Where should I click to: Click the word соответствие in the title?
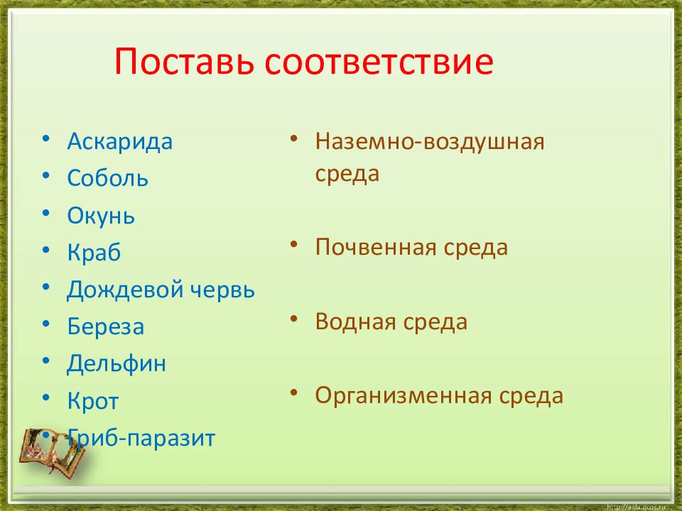(x=379, y=61)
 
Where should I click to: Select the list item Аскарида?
(x=119, y=141)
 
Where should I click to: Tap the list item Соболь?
(x=107, y=177)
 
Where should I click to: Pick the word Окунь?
(x=101, y=216)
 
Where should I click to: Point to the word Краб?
(x=94, y=252)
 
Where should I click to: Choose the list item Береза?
(x=106, y=326)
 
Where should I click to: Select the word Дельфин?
(x=117, y=363)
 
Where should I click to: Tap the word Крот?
(x=92, y=400)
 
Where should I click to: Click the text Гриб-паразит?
(x=141, y=438)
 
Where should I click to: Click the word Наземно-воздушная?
(x=430, y=142)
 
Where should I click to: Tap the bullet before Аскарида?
(x=46, y=139)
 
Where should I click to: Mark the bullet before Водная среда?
(x=294, y=319)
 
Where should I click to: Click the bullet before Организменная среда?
(x=294, y=392)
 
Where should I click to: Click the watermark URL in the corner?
(x=636, y=507)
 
